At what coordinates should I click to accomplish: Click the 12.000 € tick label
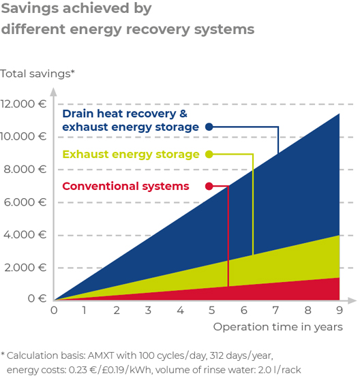(x=23, y=104)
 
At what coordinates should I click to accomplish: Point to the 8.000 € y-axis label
(x=25, y=170)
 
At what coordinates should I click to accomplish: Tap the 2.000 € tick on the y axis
(x=25, y=268)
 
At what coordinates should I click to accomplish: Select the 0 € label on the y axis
(x=37, y=298)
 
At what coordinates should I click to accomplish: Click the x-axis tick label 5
(x=212, y=311)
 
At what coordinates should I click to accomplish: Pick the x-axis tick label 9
(x=340, y=311)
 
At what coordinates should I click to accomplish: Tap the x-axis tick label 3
(x=148, y=311)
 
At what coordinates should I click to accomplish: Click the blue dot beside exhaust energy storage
(x=209, y=127)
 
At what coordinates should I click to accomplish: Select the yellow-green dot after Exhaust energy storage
(x=209, y=154)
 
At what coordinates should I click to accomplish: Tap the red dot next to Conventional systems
(x=209, y=186)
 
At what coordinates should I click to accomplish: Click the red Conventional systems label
(x=125, y=187)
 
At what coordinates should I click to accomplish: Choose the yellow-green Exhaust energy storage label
(x=131, y=155)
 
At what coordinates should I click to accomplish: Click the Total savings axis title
(x=37, y=74)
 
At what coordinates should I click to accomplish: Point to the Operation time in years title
(x=278, y=327)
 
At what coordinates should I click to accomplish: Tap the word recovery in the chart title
(x=157, y=30)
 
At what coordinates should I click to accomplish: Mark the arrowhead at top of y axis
(x=54, y=92)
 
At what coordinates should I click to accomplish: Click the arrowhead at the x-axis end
(x=352, y=300)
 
